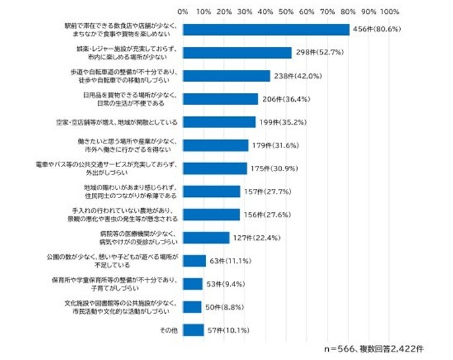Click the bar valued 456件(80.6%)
[x=266, y=30]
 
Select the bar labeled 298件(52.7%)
[x=238, y=53]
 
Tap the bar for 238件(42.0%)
[x=226, y=76]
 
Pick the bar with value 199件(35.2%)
[x=219, y=122]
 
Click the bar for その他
[x=193, y=329]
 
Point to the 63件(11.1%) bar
[x=194, y=260]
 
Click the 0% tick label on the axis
[x=184, y=11]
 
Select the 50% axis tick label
[x=287, y=11]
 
